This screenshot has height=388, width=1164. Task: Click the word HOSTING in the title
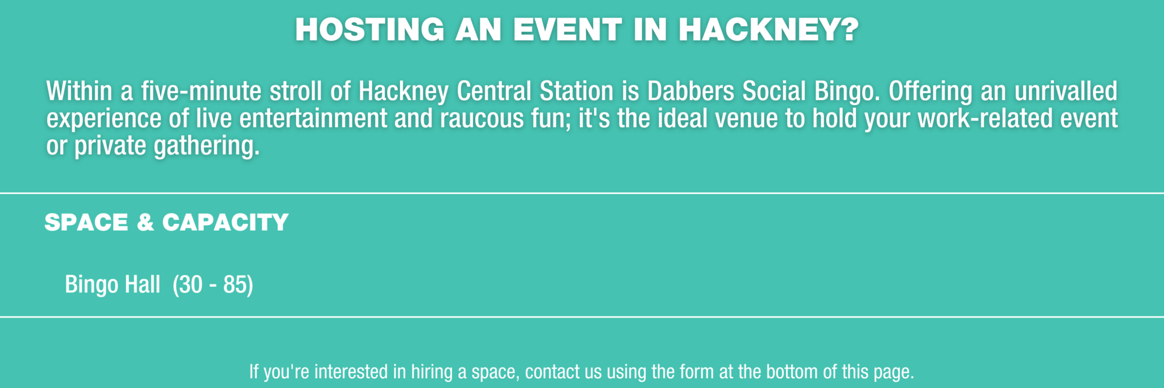coord(369,30)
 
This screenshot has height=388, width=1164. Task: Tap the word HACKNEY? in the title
coord(768,30)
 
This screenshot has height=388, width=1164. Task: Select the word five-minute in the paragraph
coord(201,91)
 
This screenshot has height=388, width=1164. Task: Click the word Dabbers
coord(691,91)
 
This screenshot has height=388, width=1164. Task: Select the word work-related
coord(986,118)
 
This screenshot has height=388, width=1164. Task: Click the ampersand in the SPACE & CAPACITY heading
coord(145,222)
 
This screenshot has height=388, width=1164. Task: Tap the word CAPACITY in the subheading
coord(226,222)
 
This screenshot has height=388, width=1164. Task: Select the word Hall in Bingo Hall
coord(143,284)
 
